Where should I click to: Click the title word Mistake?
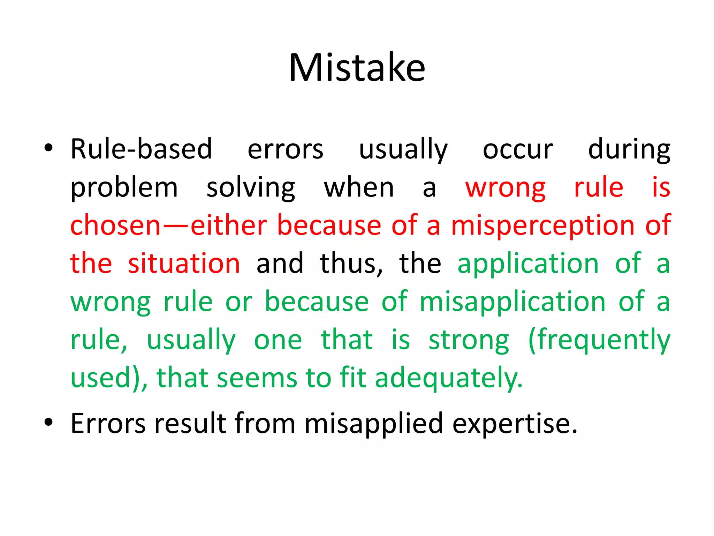point(357,68)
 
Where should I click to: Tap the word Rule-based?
point(141,149)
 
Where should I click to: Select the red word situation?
point(184,263)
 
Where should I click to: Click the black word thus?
point(351,263)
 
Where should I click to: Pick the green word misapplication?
point(512,302)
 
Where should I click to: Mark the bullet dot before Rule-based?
point(48,148)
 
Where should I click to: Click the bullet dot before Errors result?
point(48,422)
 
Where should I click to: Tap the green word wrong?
point(111,302)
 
